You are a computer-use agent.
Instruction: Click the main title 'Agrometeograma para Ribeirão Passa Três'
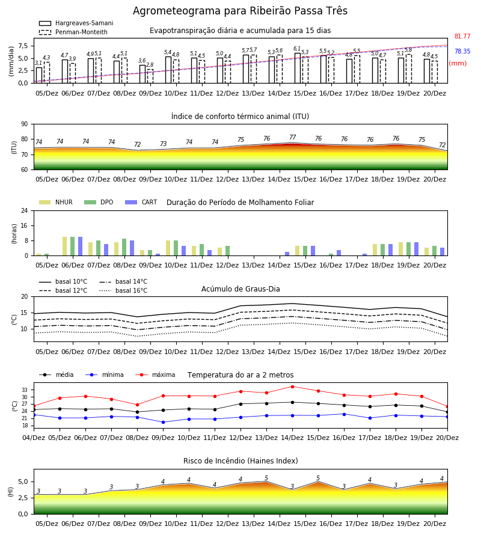point(240,11)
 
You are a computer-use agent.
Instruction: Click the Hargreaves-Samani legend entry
point(76,23)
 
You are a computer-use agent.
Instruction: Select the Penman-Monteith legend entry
point(73,32)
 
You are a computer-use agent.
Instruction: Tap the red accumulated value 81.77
point(462,36)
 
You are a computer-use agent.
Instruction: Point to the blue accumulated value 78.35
point(462,51)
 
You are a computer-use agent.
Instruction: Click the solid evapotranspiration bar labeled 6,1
point(298,68)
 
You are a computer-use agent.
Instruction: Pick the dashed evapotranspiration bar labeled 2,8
point(150,76)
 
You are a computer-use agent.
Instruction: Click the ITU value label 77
point(293,137)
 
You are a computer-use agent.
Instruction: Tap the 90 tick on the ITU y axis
point(24,124)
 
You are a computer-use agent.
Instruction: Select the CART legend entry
point(141,202)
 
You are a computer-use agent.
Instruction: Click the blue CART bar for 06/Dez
point(81,246)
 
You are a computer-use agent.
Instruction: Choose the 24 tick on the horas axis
point(25,210)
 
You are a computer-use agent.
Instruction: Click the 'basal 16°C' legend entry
point(123,290)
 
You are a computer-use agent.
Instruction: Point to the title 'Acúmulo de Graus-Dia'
point(240,289)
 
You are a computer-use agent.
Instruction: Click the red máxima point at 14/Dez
point(293,387)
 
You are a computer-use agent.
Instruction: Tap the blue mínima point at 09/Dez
point(163,423)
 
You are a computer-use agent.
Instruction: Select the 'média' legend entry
point(57,374)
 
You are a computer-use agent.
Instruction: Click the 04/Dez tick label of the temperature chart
point(34,438)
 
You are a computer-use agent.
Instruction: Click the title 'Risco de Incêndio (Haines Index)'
point(240,461)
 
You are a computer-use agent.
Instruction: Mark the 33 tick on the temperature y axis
point(25,390)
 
